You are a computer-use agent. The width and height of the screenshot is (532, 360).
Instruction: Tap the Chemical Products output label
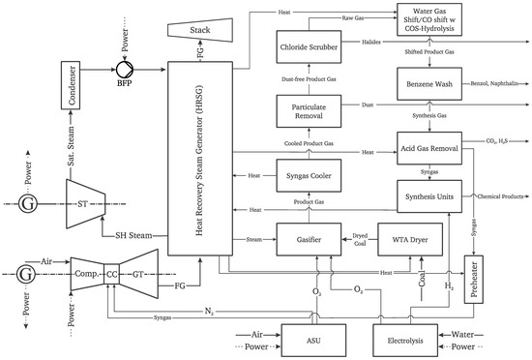504,197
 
